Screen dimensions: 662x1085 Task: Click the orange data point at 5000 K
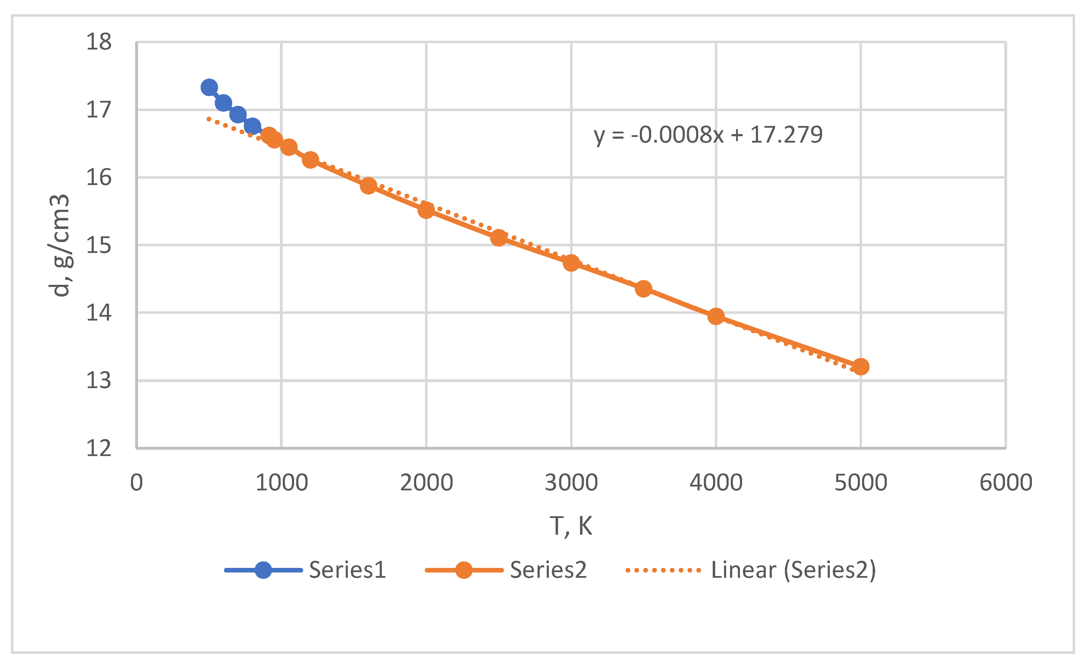(860, 366)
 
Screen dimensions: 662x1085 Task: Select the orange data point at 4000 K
(716, 316)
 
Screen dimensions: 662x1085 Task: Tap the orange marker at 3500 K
(643, 289)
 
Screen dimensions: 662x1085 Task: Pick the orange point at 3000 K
(571, 263)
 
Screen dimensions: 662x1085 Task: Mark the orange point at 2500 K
(499, 238)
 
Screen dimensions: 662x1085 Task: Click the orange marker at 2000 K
(426, 210)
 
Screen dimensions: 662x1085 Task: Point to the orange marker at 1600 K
(368, 186)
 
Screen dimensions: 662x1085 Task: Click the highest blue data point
(209, 87)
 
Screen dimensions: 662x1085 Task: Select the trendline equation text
(708, 135)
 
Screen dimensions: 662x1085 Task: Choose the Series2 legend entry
(548, 570)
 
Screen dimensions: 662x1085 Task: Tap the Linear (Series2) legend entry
(793, 570)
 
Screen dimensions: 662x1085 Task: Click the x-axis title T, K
(571, 525)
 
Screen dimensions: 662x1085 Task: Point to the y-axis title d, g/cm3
(59, 245)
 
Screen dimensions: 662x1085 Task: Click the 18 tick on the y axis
(99, 42)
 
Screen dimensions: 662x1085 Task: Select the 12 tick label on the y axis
(99, 449)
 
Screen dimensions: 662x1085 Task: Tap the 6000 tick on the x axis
(1006, 482)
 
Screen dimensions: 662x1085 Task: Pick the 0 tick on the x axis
(137, 482)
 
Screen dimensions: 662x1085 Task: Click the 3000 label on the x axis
(571, 482)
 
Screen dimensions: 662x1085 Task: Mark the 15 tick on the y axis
(99, 245)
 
